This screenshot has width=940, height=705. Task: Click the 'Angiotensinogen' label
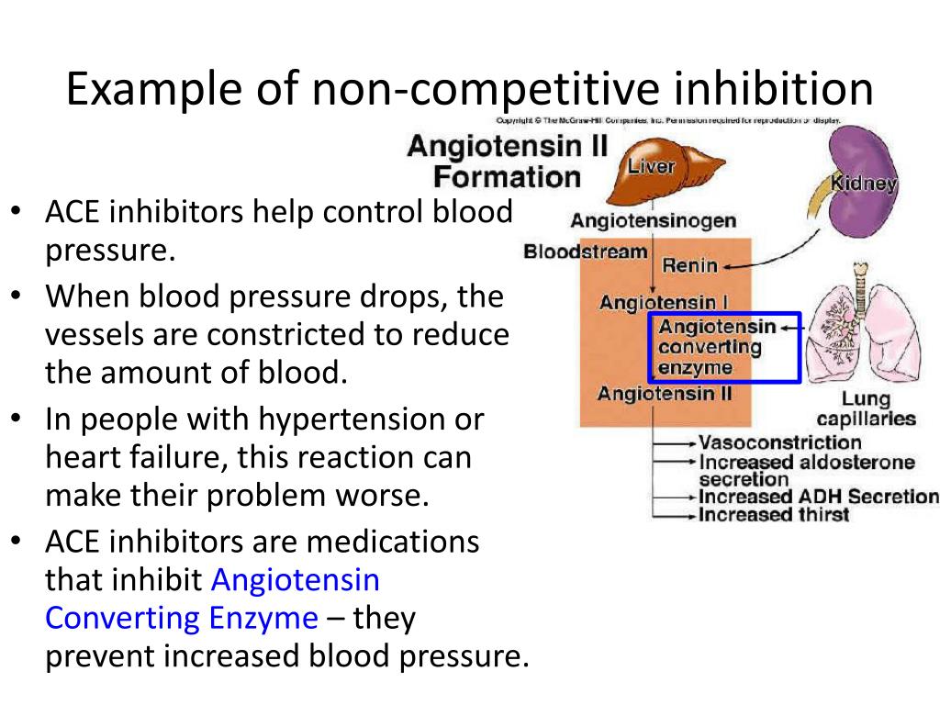653,220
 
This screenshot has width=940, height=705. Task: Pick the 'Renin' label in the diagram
689,266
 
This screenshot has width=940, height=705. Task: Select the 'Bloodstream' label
586,252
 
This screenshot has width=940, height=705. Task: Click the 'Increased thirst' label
774,514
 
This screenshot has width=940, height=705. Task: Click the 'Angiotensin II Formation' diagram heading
507,161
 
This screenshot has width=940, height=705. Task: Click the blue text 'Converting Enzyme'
182,618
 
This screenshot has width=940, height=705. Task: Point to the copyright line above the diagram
668,121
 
